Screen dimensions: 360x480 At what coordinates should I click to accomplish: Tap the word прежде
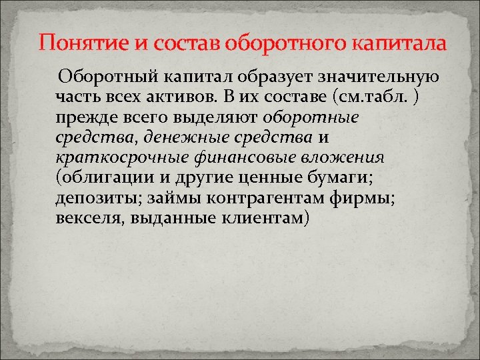coord(81,119)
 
